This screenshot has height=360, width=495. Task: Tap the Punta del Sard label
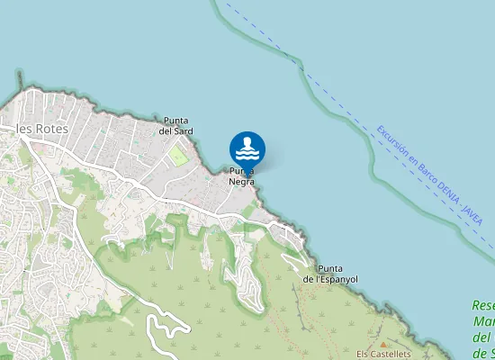tap(176, 125)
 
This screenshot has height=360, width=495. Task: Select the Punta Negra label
tap(241, 175)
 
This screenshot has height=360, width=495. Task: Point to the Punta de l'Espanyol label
tap(330, 274)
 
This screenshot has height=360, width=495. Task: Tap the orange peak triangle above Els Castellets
tap(382, 344)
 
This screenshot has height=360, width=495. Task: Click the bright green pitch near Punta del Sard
tap(178, 156)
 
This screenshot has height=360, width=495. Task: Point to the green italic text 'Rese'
tap(483, 306)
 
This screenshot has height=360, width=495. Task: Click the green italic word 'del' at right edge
tap(481, 338)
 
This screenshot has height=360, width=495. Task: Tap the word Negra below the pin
tap(241, 181)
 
